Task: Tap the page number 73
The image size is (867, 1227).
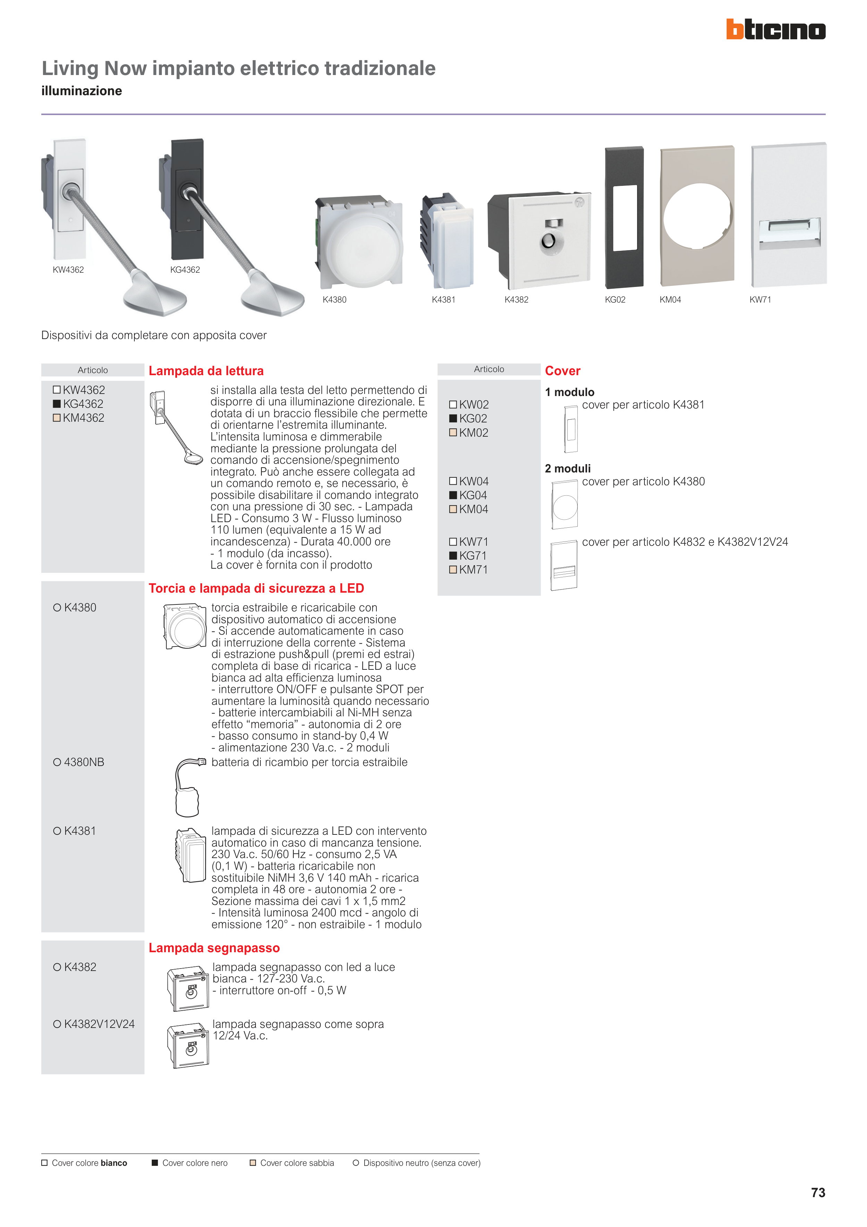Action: click(x=817, y=1192)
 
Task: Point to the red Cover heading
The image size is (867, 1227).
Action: click(x=562, y=371)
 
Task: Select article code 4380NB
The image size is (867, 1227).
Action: click(x=84, y=762)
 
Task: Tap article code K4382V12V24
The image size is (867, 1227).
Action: click(x=99, y=1024)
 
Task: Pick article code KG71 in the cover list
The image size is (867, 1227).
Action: click(x=473, y=556)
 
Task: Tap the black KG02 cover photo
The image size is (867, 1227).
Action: click(x=624, y=217)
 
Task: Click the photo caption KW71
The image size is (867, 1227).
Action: click(x=760, y=300)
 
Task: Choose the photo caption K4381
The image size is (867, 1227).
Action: click(x=443, y=300)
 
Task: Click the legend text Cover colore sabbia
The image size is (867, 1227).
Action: click(x=297, y=1163)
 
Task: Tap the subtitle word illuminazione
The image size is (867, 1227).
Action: click(x=82, y=91)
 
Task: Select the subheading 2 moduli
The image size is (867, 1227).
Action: click(x=567, y=469)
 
